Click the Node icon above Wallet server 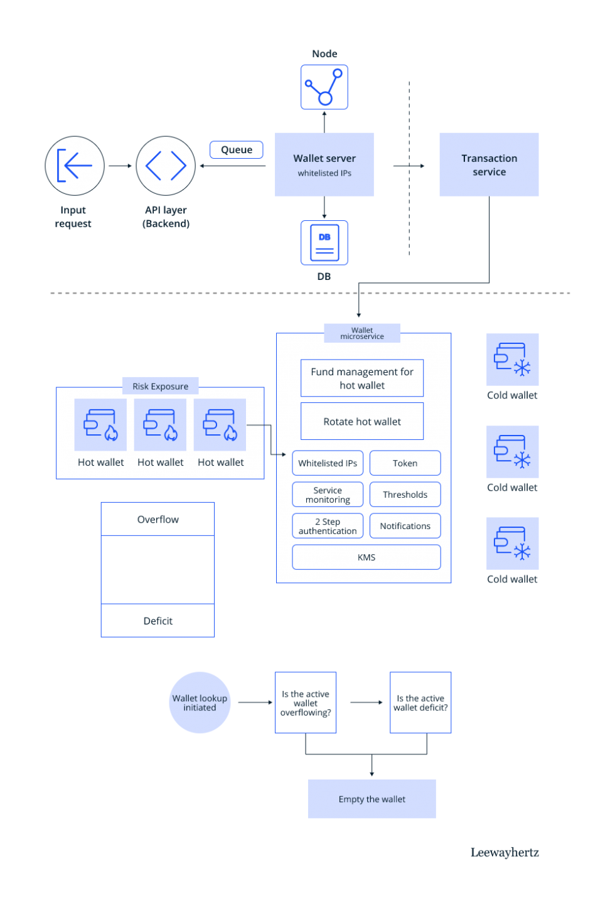[x=324, y=87]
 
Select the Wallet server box [x=324, y=164]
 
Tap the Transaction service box [x=489, y=164]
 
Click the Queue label [x=237, y=149]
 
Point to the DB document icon [x=324, y=242]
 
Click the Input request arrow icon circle [x=75, y=166]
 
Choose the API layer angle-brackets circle [x=166, y=166]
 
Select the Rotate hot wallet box [x=362, y=421]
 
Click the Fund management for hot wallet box [x=362, y=378]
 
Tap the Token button [x=405, y=463]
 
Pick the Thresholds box [x=405, y=495]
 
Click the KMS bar [x=366, y=557]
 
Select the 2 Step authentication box [x=328, y=526]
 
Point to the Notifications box [x=405, y=526]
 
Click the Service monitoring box [x=328, y=495]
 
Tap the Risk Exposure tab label [x=160, y=386]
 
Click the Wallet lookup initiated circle [x=200, y=702]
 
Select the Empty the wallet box [x=372, y=799]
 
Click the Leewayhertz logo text [x=505, y=852]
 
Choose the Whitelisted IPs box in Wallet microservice [x=328, y=463]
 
